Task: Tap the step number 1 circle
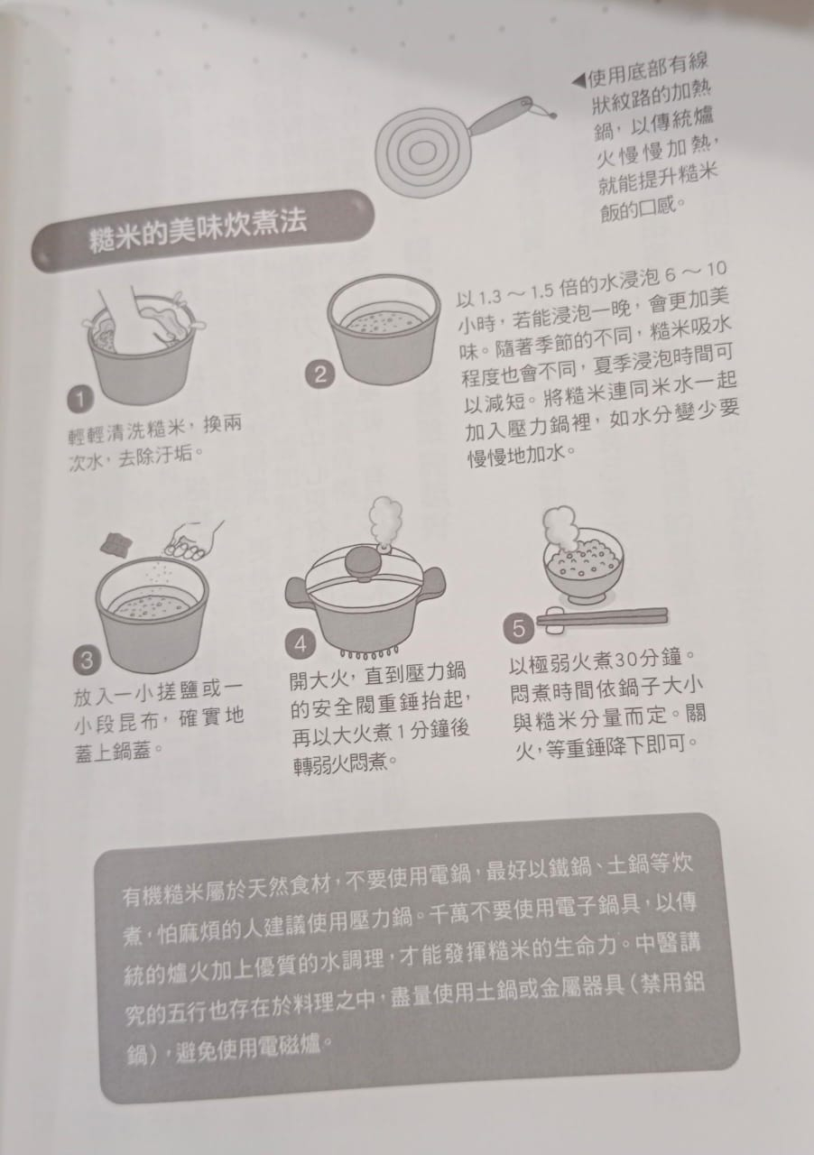coord(80,399)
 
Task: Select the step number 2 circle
coord(319,374)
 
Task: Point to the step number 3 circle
coord(87,660)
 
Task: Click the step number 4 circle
coord(301,644)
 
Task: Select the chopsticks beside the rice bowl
coord(603,616)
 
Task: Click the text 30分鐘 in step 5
coord(651,659)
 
